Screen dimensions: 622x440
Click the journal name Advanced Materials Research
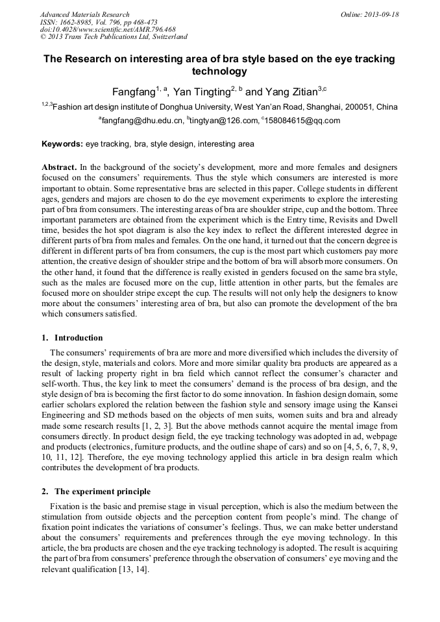coord(84,14)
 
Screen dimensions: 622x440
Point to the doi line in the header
coord(108,30)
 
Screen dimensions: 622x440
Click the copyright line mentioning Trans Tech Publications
coord(114,37)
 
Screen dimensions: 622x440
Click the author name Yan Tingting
coord(201,91)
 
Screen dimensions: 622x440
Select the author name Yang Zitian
coord(291,91)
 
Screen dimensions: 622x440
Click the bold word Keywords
coord(62,144)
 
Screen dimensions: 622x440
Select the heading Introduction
coord(79,338)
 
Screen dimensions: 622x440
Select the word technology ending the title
coord(220,71)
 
